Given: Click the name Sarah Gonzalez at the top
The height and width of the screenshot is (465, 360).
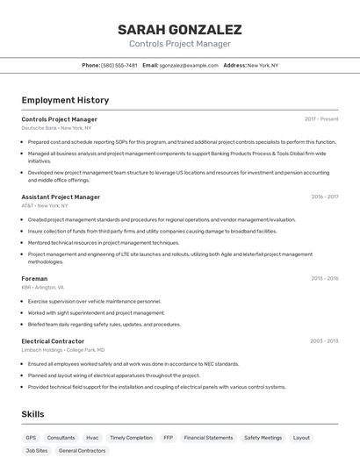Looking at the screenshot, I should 179,29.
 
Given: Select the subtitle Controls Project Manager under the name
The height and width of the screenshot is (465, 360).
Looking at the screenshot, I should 179,44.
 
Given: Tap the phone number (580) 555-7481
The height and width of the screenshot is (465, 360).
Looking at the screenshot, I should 119,65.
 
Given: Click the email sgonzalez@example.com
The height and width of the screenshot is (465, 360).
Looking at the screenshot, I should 189,65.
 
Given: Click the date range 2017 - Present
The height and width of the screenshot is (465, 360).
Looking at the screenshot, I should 321,118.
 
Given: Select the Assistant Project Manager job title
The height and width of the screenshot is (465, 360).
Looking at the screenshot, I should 61,197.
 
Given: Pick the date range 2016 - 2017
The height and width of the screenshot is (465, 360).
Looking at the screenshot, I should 324,197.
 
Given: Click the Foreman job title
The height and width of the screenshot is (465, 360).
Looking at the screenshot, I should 34,278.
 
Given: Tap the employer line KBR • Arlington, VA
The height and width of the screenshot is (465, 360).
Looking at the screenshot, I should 42,287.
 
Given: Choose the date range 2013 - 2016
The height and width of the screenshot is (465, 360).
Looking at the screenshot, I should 324,278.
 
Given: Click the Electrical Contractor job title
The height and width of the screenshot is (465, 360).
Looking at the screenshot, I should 53,341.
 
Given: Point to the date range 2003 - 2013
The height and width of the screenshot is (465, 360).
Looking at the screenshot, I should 324,341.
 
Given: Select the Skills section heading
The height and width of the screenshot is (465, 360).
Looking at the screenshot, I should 32,414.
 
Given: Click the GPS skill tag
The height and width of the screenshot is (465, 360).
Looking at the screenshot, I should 31,437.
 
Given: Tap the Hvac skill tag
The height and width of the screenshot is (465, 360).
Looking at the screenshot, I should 92,437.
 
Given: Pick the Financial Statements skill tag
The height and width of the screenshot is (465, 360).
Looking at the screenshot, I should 208,437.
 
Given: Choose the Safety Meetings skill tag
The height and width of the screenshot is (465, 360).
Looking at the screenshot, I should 263,437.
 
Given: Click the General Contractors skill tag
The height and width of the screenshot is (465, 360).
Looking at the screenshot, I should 82,450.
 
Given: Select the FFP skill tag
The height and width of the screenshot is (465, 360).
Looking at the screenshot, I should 168,437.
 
